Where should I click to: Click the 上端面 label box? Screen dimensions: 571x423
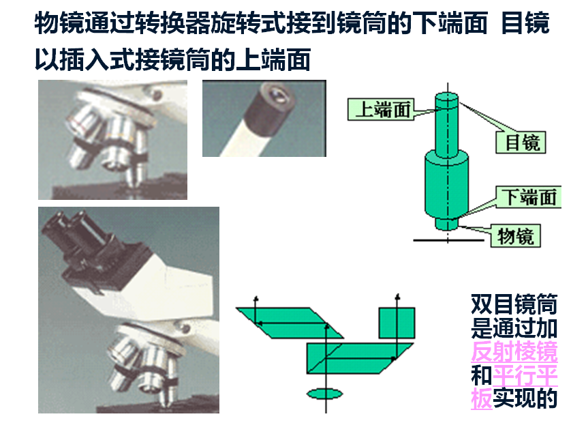click(380, 109)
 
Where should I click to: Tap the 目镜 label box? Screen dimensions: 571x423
click(521, 142)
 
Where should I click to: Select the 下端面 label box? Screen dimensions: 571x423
click(529, 197)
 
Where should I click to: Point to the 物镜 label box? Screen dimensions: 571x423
click(516, 236)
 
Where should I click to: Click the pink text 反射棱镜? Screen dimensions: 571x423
click(514, 351)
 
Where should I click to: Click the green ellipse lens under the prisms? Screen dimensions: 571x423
click(325, 394)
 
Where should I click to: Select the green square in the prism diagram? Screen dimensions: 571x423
click(397, 323)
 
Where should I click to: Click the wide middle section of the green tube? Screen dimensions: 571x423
click(446, 186)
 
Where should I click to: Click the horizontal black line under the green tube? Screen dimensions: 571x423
click(448, 240)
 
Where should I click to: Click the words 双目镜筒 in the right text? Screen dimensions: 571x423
click(514, 304)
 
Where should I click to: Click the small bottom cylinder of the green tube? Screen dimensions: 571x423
click(447, 222)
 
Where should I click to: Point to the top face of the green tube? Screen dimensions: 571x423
click(447, 98)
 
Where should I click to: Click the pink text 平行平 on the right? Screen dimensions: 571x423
click(525, 375)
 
